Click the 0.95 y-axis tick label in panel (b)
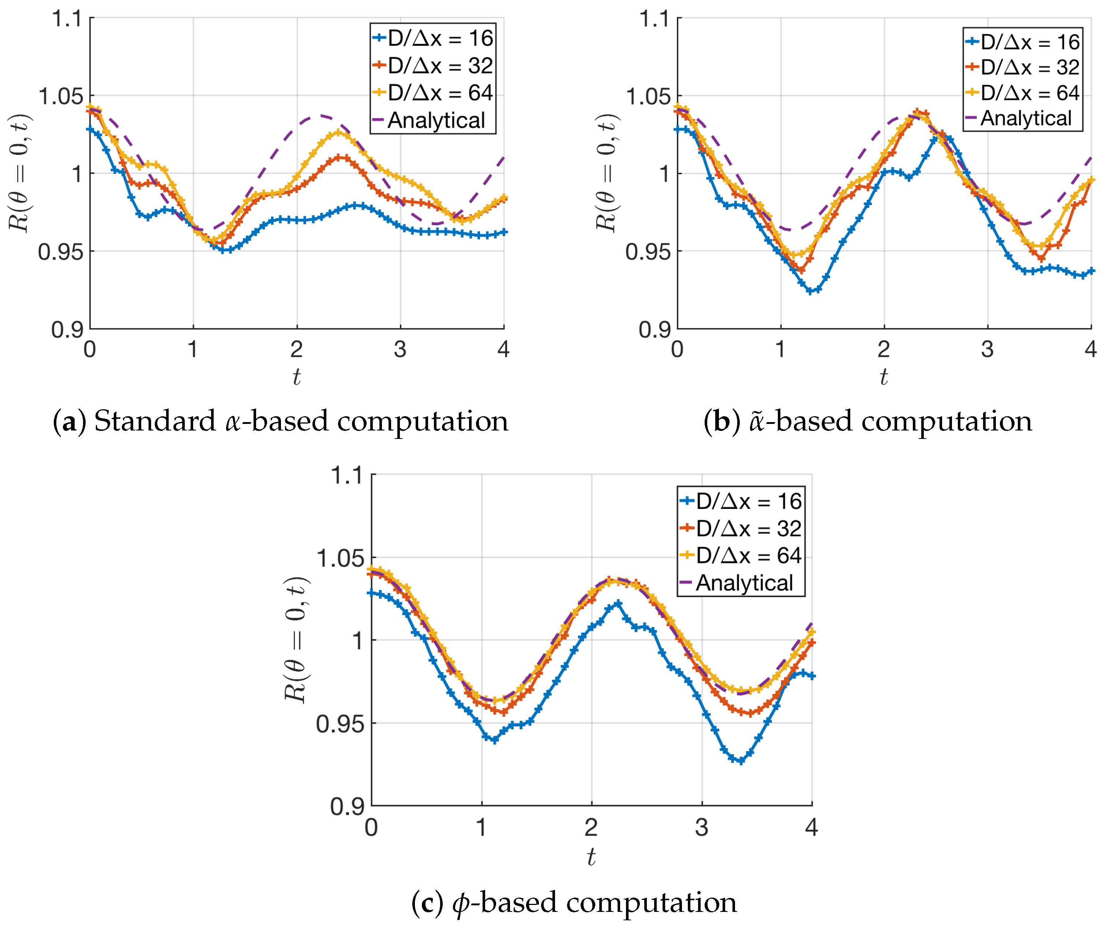[647, 252]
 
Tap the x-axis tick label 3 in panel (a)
[400, 349]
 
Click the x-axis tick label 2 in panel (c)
[591, 827]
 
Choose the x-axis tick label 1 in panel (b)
[780, 349]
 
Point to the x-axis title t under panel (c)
[591, 857]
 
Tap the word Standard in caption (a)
[155, 422]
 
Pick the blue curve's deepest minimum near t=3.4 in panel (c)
[741, 761]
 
